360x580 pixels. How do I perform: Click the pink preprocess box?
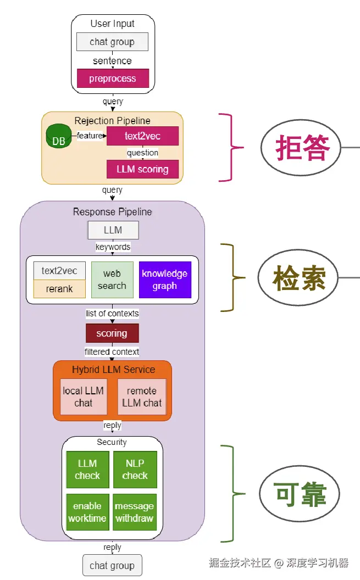113,79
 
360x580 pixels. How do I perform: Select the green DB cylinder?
59,137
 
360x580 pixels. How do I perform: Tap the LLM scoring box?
142,169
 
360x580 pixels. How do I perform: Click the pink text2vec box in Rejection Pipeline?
142,136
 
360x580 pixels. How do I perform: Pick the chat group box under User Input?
112,42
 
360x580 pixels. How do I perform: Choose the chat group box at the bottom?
112,565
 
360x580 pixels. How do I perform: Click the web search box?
112,280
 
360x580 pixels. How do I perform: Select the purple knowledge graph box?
165,280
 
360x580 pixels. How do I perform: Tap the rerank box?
59,289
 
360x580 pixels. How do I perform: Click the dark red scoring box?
112,333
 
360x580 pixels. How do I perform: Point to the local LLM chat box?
84,397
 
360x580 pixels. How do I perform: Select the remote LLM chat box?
142,397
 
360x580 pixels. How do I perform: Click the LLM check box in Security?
87,470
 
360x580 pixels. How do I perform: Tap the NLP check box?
135,470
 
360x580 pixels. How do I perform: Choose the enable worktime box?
87,512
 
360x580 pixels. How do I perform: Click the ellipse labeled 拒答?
302,147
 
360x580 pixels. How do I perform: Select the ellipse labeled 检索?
299,278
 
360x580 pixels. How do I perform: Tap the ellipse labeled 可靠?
300,494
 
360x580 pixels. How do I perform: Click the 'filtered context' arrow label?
112,352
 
